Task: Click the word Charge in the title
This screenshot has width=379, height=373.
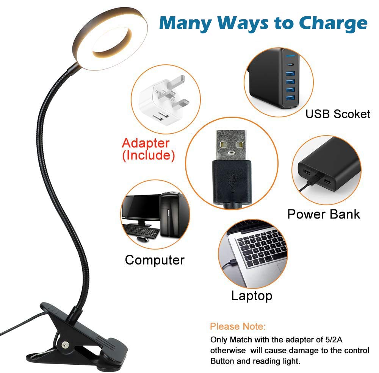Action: [x=333, y=23]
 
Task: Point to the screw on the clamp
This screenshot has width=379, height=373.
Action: [x=64, y=345]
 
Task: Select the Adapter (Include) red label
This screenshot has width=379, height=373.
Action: [x=148, y=149]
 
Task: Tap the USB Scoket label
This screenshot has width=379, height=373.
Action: [x=338, y=114]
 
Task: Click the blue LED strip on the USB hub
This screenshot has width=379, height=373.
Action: [x=290, y=56]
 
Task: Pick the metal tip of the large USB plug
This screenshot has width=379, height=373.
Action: [x=232, y=145]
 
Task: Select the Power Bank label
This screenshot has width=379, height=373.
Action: [x=324, y=214]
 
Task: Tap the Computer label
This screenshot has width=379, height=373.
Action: [x=155, y=260]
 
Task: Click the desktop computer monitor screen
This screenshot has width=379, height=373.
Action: [x=141, y=207]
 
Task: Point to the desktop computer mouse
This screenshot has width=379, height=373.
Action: [x=143, y=239]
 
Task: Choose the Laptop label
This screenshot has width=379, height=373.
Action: [x=252, y=296]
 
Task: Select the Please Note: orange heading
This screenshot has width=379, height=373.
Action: [x=238, y=326]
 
